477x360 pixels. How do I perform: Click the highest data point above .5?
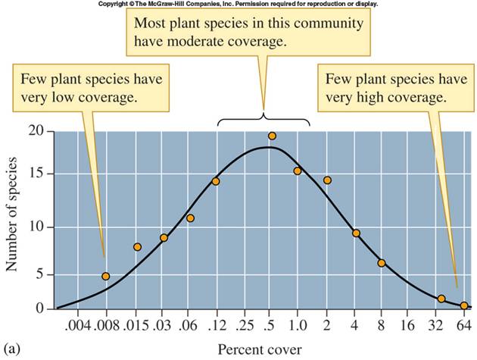pos(272,136)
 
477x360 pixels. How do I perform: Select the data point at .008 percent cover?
pos(106,276)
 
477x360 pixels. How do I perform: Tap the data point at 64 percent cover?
pos(464,305)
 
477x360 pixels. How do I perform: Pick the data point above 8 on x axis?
pos(382,263)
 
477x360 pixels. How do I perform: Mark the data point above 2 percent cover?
pos(327,180)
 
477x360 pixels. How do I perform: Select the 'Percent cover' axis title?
pos(252,349)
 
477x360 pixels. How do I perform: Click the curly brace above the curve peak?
pos(263,118)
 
